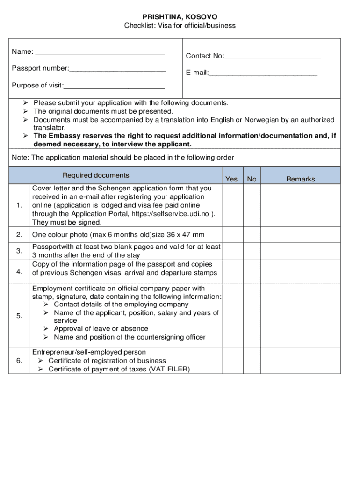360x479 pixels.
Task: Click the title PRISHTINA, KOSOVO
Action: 180,17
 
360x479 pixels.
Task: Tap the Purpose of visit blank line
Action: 114,86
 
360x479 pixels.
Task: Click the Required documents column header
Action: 96,175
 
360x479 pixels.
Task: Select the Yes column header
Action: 231,179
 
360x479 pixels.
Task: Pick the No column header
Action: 252,179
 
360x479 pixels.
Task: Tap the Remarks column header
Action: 301,179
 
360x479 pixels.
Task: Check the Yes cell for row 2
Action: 231,234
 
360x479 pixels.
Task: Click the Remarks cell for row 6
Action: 301,360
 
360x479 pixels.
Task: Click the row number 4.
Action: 19,272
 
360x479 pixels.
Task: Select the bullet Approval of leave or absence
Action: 101,328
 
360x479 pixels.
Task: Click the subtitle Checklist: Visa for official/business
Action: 180,25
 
